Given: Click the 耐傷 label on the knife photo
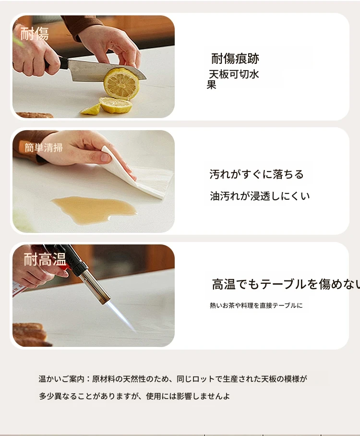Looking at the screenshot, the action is tap(35, 34).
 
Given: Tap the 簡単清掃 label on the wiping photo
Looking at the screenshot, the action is tap(44, 147).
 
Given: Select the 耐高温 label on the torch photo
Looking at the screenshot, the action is tap(45, 259).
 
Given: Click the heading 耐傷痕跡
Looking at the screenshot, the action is tap(235, 59).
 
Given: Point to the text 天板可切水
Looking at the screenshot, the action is tap(234, 74).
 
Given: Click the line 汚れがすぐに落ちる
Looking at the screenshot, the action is tap(256, 174).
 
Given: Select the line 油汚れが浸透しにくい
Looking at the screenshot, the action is tap(260, 196).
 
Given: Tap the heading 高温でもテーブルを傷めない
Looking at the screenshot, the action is tap(286, 284).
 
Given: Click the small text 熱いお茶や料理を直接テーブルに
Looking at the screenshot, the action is tap(256, 305).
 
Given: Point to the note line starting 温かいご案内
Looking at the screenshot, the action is tap(173, 379).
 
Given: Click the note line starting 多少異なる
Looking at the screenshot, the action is tap(134, 396).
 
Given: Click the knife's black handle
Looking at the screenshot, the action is tap(58, 64).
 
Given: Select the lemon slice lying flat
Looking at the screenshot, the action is tap(116, 105).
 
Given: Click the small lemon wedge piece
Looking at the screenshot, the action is tap(91, 109).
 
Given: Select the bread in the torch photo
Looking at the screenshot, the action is tap(30, 334).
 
